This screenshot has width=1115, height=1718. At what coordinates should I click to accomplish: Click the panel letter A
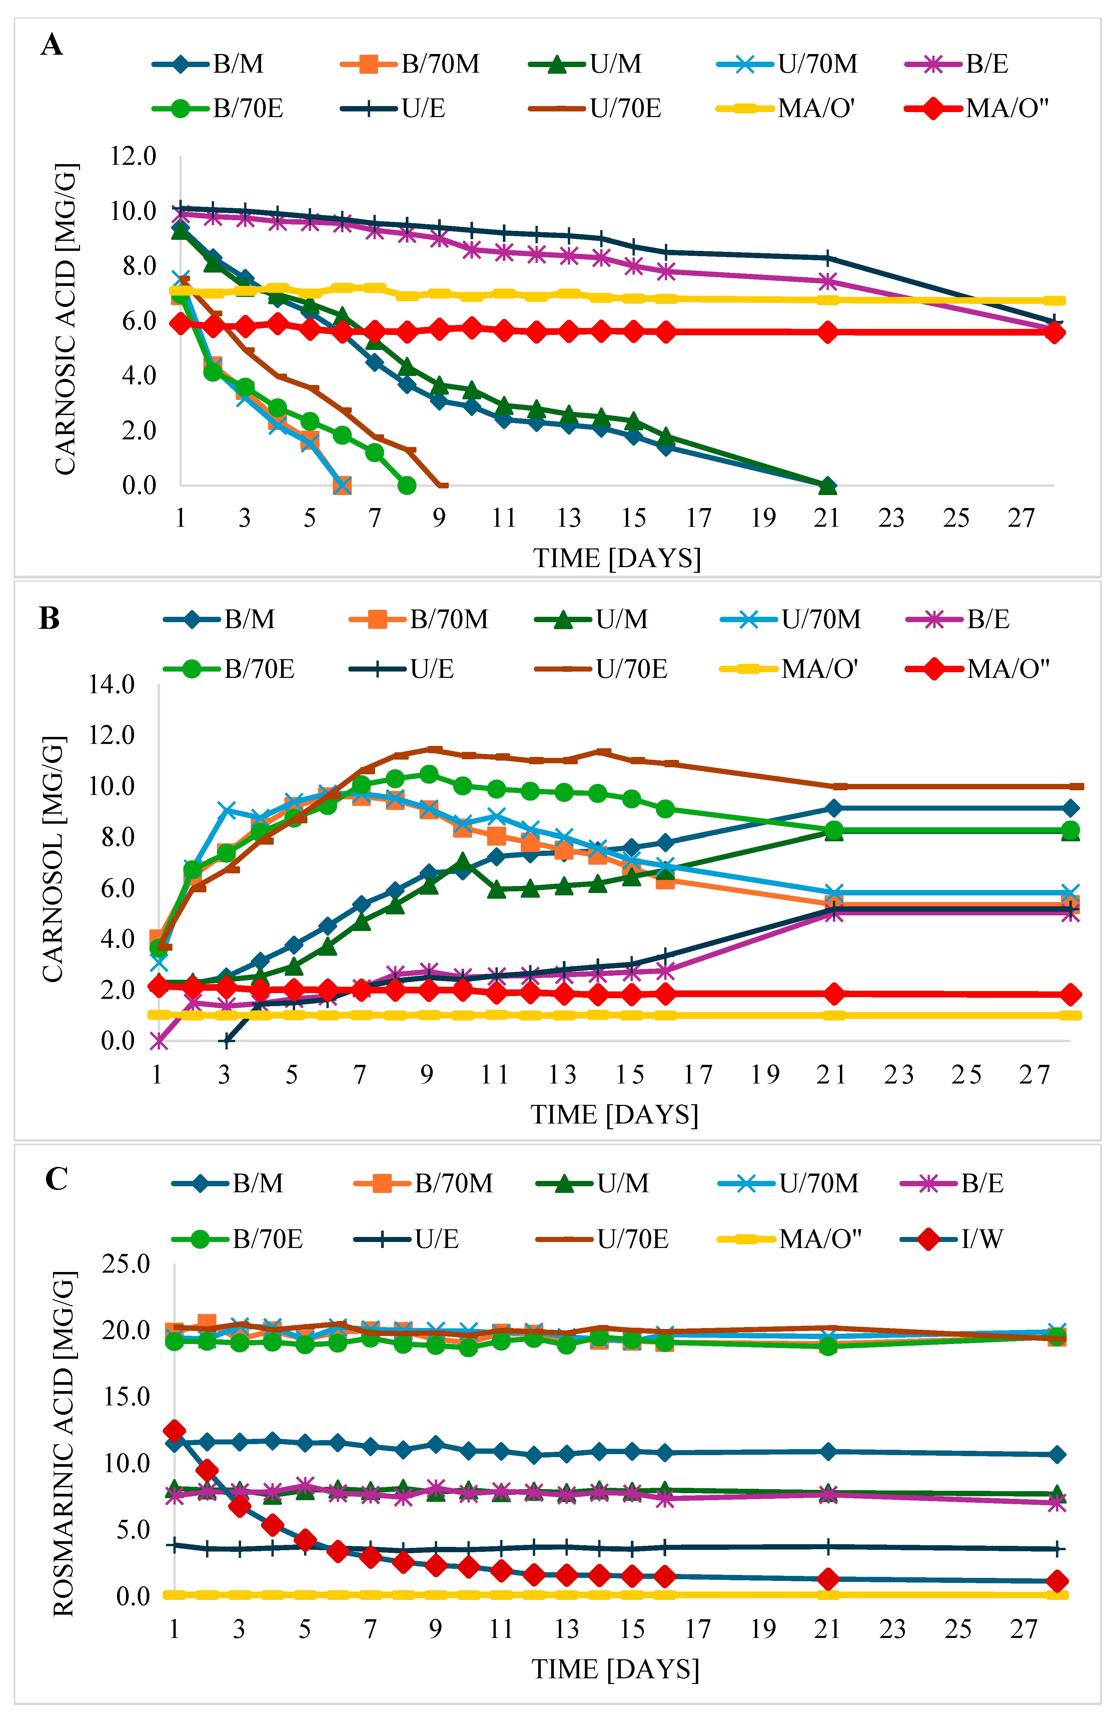(51, 45)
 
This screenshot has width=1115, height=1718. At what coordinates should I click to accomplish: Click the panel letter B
(49, 618)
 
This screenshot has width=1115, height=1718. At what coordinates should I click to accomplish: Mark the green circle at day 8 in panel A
(407, 485)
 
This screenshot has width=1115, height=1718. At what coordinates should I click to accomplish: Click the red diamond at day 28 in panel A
(1054, 333)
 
